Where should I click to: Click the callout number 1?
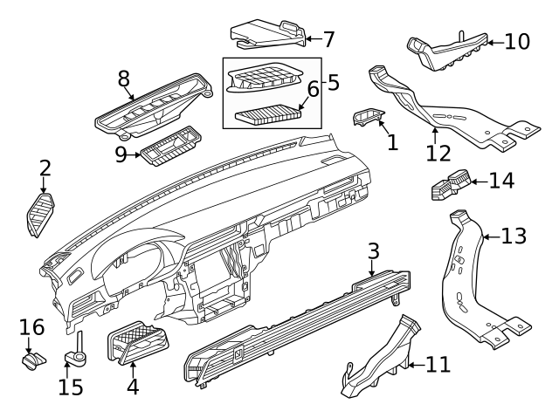tap(392, 141)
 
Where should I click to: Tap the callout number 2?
tap(45, 168)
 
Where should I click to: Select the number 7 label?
tap(328, 39)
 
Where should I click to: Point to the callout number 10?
tap(517, 41)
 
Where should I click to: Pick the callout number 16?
tap(31, 327)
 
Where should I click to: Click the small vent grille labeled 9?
tap(170, 151)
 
